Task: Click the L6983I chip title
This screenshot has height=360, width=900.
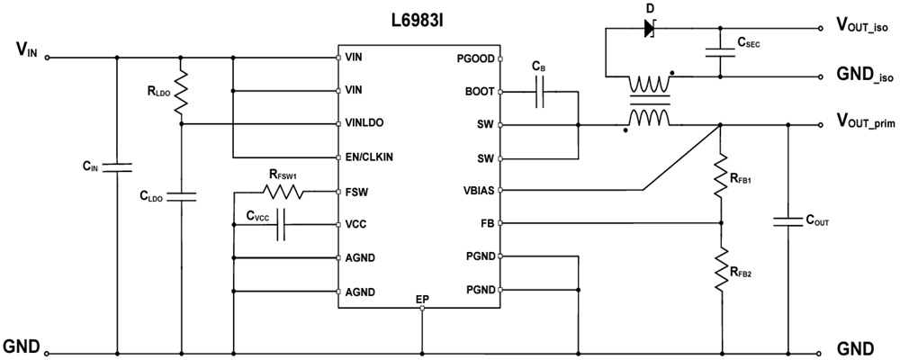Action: (x=419, y=17)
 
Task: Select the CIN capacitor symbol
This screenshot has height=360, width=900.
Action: (x=116, y=167)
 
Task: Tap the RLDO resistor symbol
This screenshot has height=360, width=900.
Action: (x=182, y=92)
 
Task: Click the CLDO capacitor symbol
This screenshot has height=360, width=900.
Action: (x=182, y=195)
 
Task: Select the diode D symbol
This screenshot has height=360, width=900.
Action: (x=650, y=28)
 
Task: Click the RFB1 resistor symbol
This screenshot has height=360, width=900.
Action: (x=721, y=176)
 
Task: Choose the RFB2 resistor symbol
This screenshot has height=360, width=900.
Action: (x=721, y=266)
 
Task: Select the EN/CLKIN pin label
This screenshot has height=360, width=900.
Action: (x=369, y=157)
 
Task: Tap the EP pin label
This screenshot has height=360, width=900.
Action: (x=422, y=298)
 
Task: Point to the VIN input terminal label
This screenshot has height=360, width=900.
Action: (x=26, y=49)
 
